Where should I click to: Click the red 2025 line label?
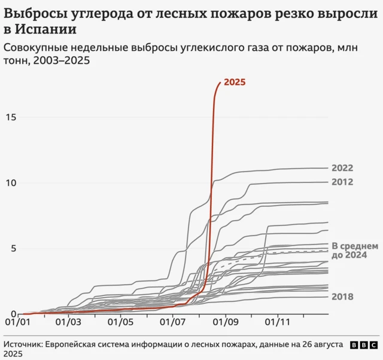pyautogui.click(x=235, y=83)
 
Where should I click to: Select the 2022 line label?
pyautogui.click(x=342, y=168)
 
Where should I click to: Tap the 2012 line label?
pyautogui.click(x=342, y=182)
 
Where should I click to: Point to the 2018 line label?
pyautogui.click(x=342, y=297)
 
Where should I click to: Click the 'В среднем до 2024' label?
pyautogui.click(x=354, y=251)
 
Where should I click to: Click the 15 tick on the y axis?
pyautogui.click(x=10, y=117)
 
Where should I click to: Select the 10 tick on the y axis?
pyautogui.click(x=10, y=183)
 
